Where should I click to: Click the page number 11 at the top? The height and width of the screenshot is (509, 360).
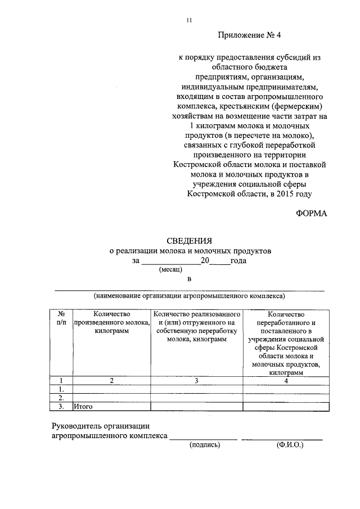(189, 20)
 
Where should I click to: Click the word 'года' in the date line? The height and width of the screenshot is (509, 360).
(238, 260)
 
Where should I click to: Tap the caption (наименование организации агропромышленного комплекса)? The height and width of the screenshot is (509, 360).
(189, 295)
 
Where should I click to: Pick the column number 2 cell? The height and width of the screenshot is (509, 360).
(111, 381)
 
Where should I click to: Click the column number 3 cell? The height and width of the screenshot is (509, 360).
(196, 381)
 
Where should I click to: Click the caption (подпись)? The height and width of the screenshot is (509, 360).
(205, 444)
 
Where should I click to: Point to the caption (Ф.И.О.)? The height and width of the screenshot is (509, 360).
(290, 444)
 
